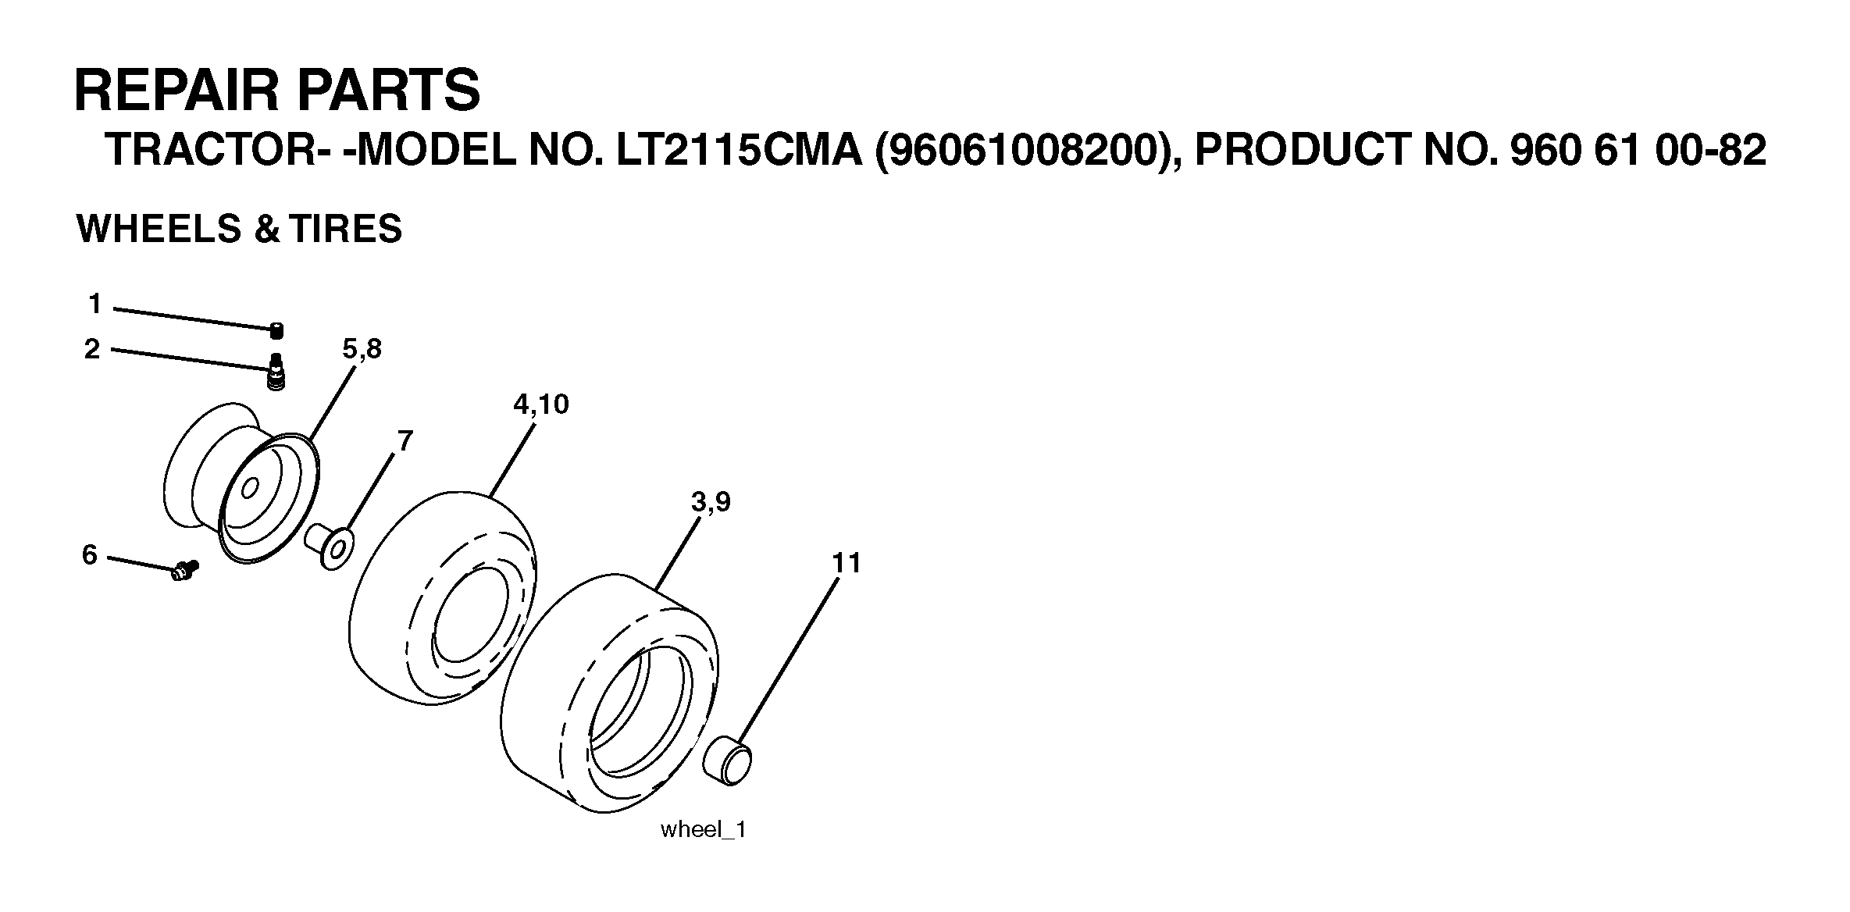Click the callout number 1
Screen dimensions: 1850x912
tap(94, 304)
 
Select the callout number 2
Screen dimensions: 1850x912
tap(92, 350)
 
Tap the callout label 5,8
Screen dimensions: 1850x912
tap(362, 349)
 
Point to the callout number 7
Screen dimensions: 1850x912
tap(405, 442)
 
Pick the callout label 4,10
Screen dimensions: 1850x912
tap(540, 404)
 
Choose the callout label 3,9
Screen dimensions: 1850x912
tap(711, 502)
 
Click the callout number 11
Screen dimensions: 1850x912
tap(846, 563)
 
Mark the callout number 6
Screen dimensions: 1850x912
tap(90, 555)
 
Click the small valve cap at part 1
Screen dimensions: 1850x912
tap(276, 331)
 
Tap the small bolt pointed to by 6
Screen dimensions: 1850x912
tap(184, 571)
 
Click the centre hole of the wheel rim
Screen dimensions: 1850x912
tap(249, 490)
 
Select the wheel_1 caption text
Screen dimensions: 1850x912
tap(703, 829)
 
